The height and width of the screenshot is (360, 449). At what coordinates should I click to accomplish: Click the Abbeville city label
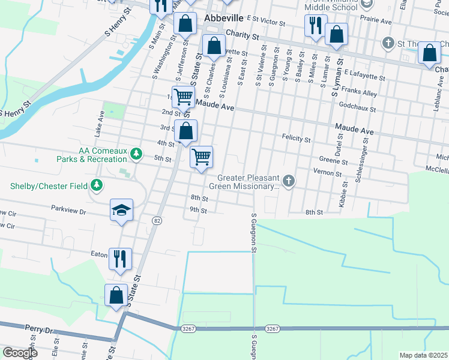(223, 18)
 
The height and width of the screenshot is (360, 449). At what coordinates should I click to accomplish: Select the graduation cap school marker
(121, 211)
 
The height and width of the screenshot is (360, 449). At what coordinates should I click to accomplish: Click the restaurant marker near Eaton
(120, 259)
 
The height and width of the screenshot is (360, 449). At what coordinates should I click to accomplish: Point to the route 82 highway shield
(157, 221)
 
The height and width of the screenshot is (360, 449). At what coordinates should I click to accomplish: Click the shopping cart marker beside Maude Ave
(183, 97)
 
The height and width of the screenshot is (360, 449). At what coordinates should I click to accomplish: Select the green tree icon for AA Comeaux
(137, 154)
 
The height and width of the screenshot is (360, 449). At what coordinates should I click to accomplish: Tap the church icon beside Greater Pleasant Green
(289, 181)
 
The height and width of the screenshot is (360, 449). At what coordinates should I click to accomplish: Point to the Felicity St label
(296, 139)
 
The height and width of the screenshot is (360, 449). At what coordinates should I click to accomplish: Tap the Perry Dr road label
(40, 329)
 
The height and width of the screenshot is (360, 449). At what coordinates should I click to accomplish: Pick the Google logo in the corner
(19, 352)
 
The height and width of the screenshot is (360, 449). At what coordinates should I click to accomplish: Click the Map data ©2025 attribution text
(423, 355)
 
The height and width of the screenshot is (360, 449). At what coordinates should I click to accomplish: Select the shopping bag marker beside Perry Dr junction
(116, 296)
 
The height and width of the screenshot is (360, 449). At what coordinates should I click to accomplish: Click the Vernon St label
(327, 173)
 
